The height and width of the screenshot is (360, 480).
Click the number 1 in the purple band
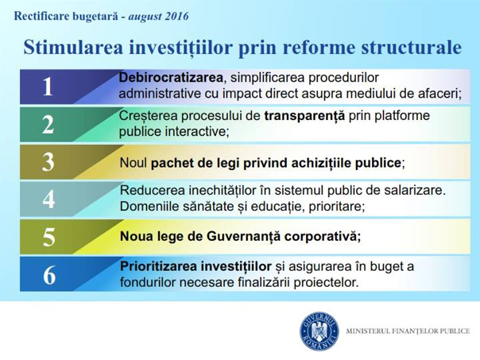(48, 87)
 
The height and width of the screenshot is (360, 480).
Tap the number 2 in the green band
(48, 125)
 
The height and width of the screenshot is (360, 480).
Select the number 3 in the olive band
(48, 162)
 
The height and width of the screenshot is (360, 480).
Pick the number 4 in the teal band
(48, 199)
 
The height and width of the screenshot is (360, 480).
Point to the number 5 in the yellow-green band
(48, 237)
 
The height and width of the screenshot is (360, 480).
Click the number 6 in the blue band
(49, 275)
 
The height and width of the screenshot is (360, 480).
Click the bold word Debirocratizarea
(171, 77)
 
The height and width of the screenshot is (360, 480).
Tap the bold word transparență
(304, 116)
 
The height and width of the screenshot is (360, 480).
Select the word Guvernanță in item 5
(244, 236)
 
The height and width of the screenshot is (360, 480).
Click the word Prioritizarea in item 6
(157, 266)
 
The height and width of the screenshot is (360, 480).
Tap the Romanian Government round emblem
(319, 331)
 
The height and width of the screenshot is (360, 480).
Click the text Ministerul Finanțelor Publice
(408, 331)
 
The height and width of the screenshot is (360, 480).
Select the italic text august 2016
(159, 16)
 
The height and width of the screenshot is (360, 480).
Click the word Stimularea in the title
(73, 47)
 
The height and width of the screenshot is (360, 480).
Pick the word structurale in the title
(411, 47)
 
